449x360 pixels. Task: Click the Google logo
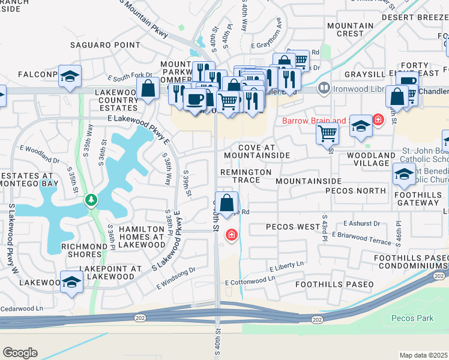pyautogui.click(x=20, y=353)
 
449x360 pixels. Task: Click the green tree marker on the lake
pyautogui.click(x=91, y=199)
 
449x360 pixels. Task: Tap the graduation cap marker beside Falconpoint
pyautogui.click(x=70, y=77)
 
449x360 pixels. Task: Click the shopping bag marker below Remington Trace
pyautogui.click(x=228, y=204)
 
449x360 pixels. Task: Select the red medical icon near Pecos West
pyautogui.click(x=231, y=235)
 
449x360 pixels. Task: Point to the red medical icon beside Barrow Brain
pyautogui.click(x=378, y=119)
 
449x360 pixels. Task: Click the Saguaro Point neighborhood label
pyautogui.click(x=105, y=45)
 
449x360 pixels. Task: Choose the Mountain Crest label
pyautogui.click(x=350, y=29)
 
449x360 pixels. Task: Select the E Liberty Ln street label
pyautogui.click(x=287, y=268)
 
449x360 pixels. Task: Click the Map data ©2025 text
pyautogui.click(x=423, y=355)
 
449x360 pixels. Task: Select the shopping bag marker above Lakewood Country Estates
pyautogui.click(x=148, y=90)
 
